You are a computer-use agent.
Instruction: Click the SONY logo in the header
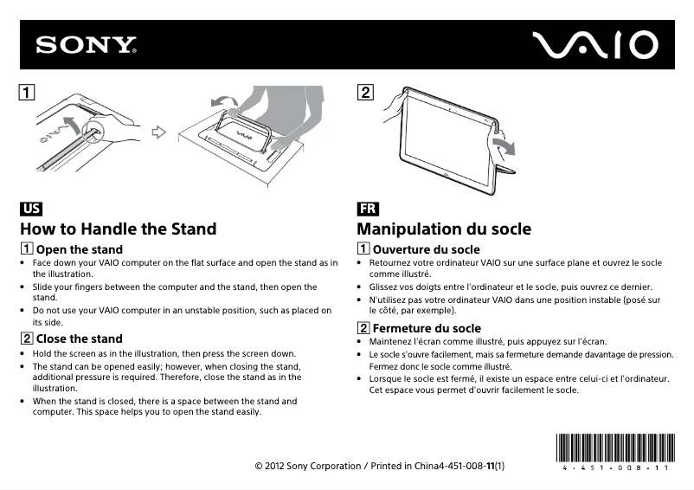86,45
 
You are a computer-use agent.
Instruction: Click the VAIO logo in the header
594,45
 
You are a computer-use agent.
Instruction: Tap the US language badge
31,209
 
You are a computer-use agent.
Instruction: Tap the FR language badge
367,209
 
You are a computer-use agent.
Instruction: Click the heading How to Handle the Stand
119,229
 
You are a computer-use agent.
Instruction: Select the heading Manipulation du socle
444,229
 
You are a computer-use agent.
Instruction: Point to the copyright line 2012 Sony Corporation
381,467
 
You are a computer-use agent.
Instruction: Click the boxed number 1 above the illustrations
29,91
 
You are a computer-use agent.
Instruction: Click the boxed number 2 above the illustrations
365,91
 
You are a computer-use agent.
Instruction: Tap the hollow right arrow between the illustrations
157,132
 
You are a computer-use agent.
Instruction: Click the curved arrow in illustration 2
502,141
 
